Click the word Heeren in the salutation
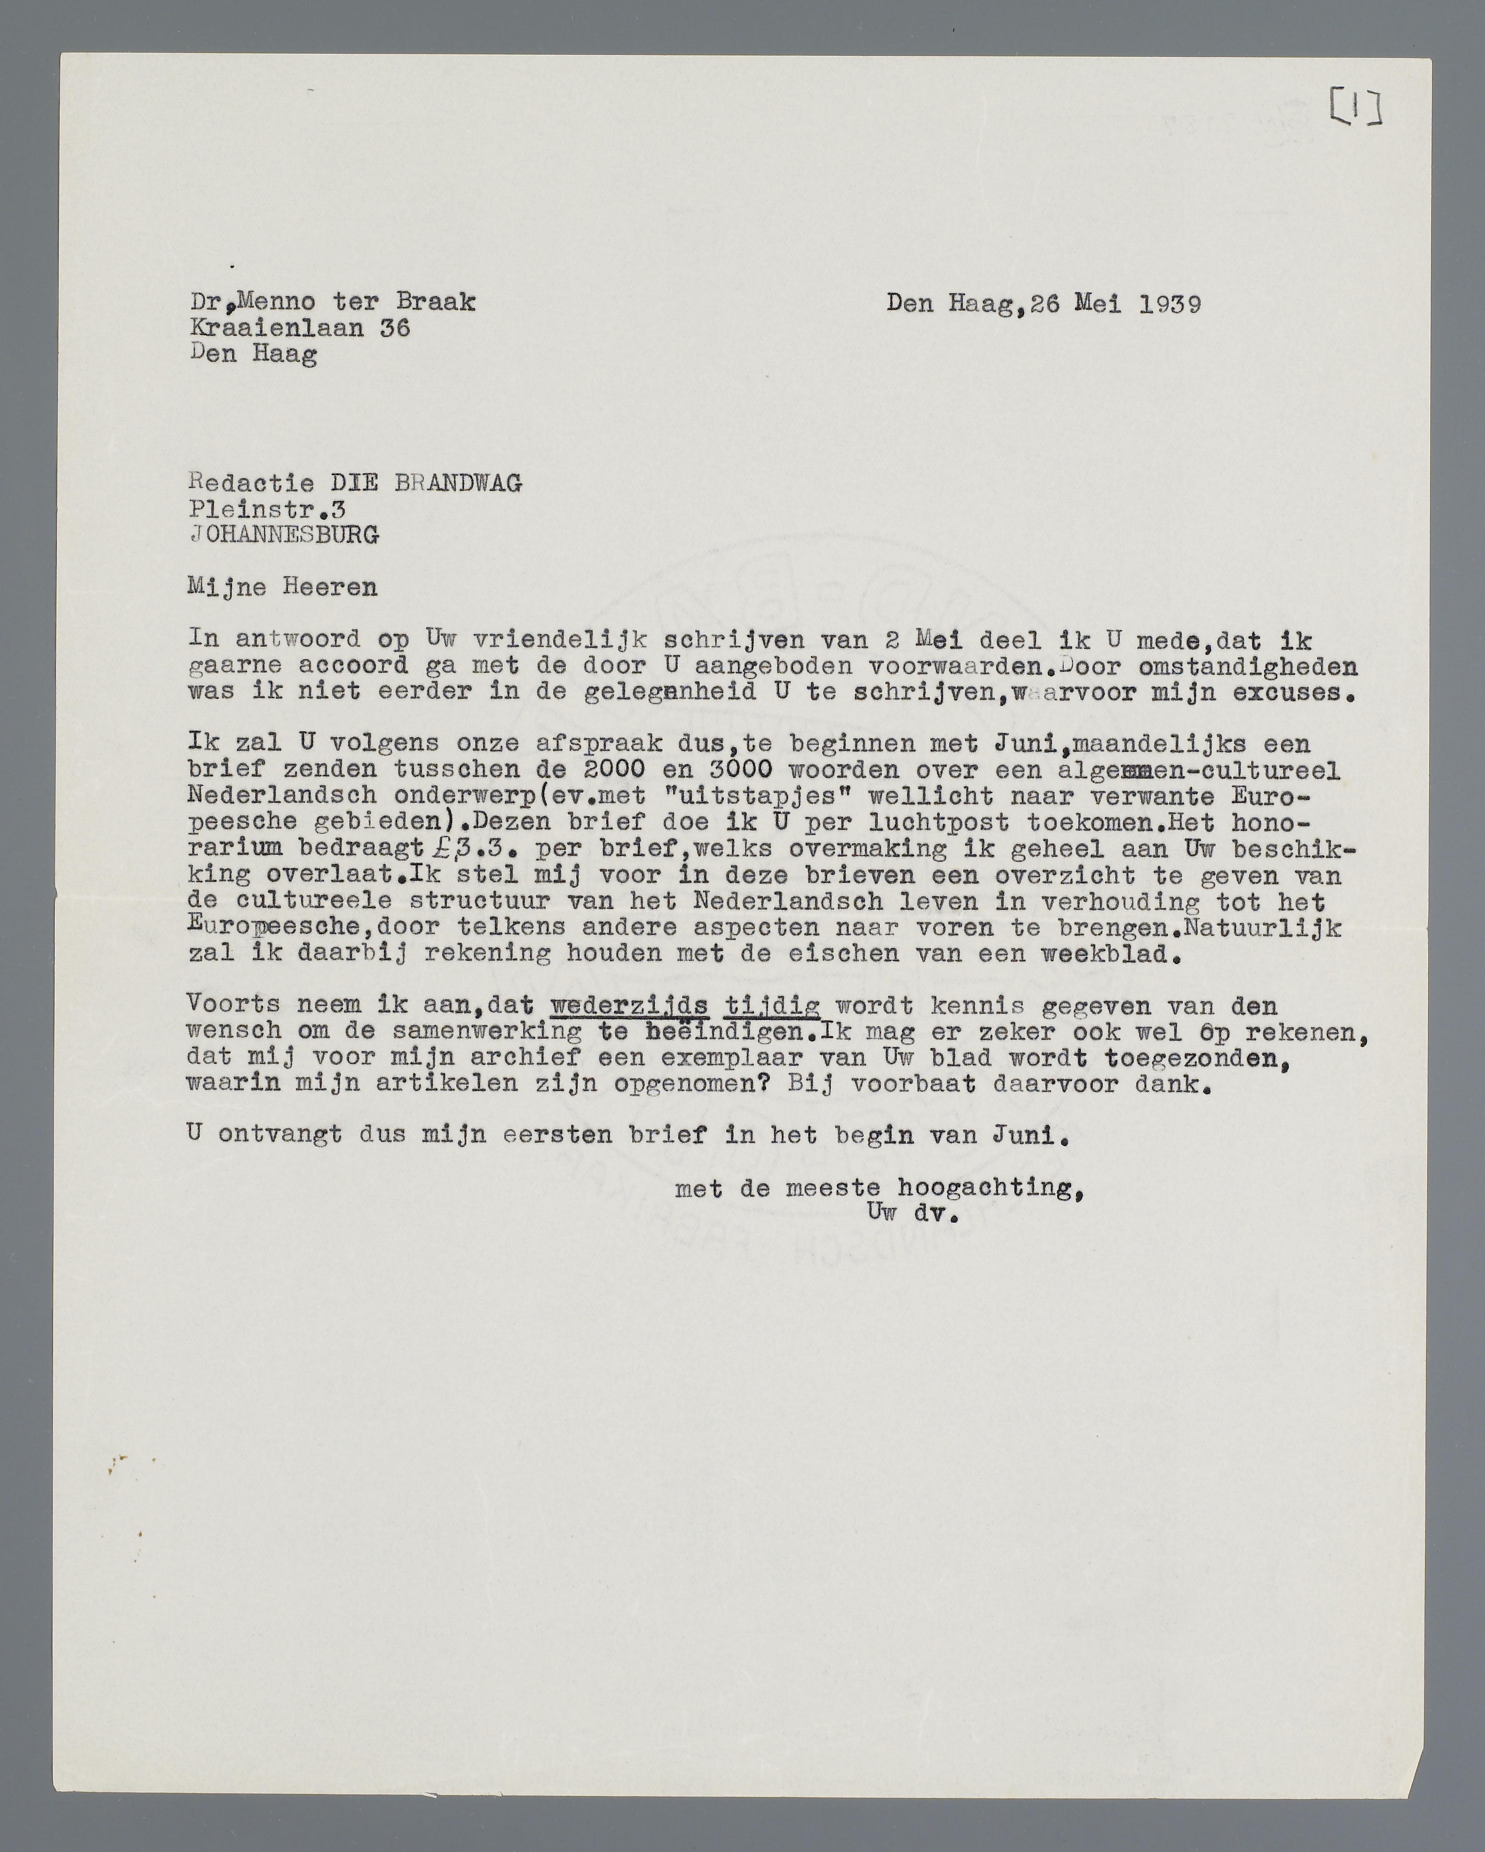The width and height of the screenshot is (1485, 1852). click(330, 588)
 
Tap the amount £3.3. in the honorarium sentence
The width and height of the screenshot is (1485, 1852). click(475, 849)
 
